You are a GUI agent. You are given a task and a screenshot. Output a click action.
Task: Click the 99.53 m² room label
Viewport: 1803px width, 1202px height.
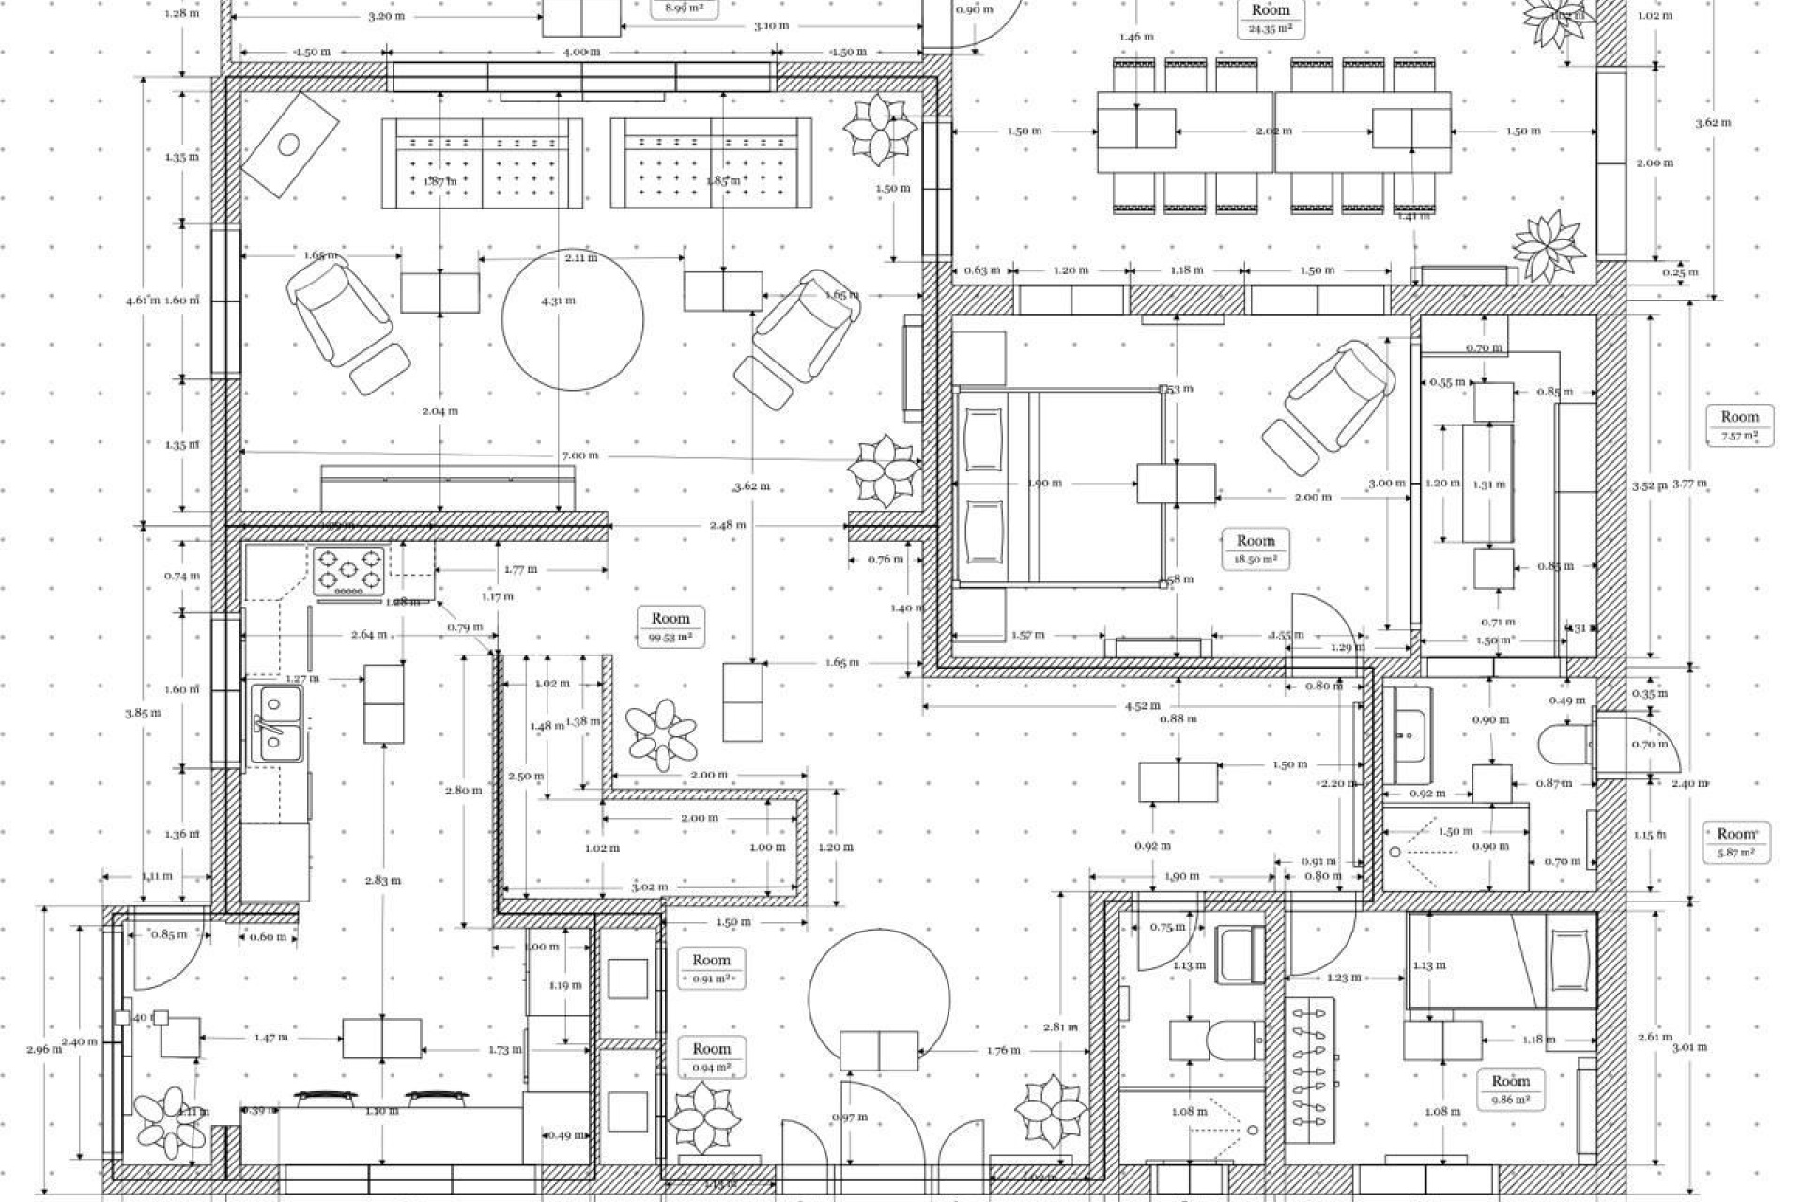click(x=670, y=626)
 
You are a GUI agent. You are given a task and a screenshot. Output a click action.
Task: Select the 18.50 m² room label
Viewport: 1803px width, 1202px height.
click(x=1256, y=548)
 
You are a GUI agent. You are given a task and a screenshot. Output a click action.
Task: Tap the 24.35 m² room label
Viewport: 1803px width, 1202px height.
click(x=1270, y=18)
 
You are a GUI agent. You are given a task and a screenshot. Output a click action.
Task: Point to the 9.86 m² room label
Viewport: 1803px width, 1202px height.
click(x=1510, y=1089)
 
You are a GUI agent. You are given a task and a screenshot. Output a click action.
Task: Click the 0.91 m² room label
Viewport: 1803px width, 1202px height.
click(x=711, y=968)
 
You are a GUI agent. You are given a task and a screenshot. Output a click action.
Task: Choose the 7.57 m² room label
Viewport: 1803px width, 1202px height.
click(x=1739, y=425)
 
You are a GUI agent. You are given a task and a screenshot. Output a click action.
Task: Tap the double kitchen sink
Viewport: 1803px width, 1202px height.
click(x=277, y=723)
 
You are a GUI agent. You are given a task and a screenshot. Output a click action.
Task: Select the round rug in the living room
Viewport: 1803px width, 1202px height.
click(x=573, y=319)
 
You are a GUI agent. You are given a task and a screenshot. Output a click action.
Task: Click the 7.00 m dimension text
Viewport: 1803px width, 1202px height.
click(x=579, y=455)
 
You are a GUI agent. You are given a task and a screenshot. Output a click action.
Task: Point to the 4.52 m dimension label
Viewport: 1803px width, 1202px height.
click(x=1142, y=705)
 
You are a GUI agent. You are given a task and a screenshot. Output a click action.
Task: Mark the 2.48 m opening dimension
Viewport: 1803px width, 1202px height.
click(x=728, y=524)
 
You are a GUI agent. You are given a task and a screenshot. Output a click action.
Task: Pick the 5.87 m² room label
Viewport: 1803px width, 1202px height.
click(x=1736, y=841)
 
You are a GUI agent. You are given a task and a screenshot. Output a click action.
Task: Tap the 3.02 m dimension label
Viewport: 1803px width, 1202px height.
click(x=649, y=886)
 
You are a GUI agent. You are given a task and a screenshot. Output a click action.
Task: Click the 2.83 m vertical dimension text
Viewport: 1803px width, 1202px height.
click(x=382, y=880)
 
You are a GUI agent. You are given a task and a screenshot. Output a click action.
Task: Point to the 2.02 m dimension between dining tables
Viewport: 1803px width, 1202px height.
click(x=1273, y=131)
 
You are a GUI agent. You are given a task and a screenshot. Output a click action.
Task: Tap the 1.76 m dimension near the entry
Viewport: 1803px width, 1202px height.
click(x=1004, y=1051)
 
